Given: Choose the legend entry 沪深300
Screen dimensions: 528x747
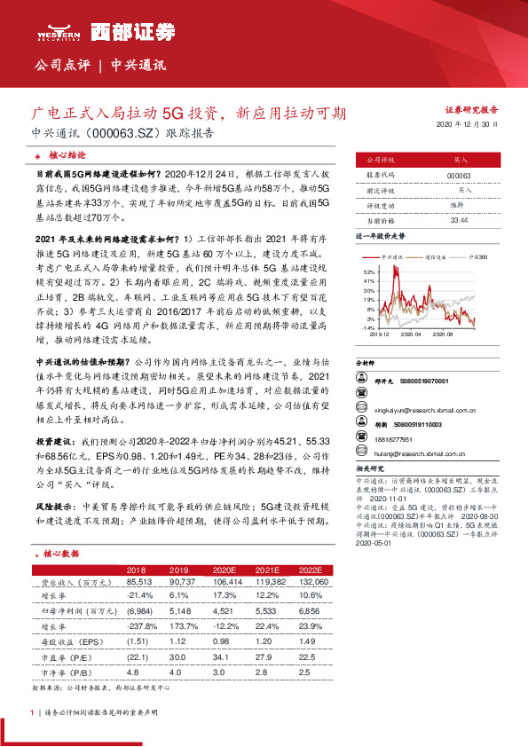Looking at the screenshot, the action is [x=479, y=256].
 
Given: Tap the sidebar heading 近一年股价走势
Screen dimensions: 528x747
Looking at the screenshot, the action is [x=380, y=238].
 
